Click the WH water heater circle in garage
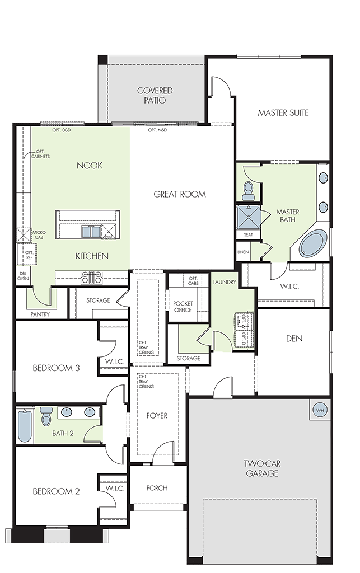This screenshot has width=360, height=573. point(320,410)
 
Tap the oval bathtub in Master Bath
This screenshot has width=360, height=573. point(313,243)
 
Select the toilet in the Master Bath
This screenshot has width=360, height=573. point(249,191)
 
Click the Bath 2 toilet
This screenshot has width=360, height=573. point(46,416)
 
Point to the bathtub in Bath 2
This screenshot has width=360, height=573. point(25,426)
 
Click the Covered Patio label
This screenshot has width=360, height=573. point(155,95)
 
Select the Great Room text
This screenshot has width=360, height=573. point(180,194)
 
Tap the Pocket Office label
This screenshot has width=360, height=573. point(183,307)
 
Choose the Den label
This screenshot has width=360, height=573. point(294,339)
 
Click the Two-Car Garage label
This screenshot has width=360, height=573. point(262,468)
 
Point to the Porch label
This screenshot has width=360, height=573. point(157,488)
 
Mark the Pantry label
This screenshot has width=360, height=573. point(40,314)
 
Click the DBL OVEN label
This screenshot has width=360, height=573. point(22,276)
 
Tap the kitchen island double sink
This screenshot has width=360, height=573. point(91,232)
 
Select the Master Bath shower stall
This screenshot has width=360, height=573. point(249,217)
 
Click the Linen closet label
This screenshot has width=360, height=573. point(243,252)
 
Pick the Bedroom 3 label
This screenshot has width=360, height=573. point(56,368)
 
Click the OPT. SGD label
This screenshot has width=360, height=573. point(61,130)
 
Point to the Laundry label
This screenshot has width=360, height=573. point(225,282)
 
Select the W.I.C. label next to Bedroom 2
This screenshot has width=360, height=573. point(115,488)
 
